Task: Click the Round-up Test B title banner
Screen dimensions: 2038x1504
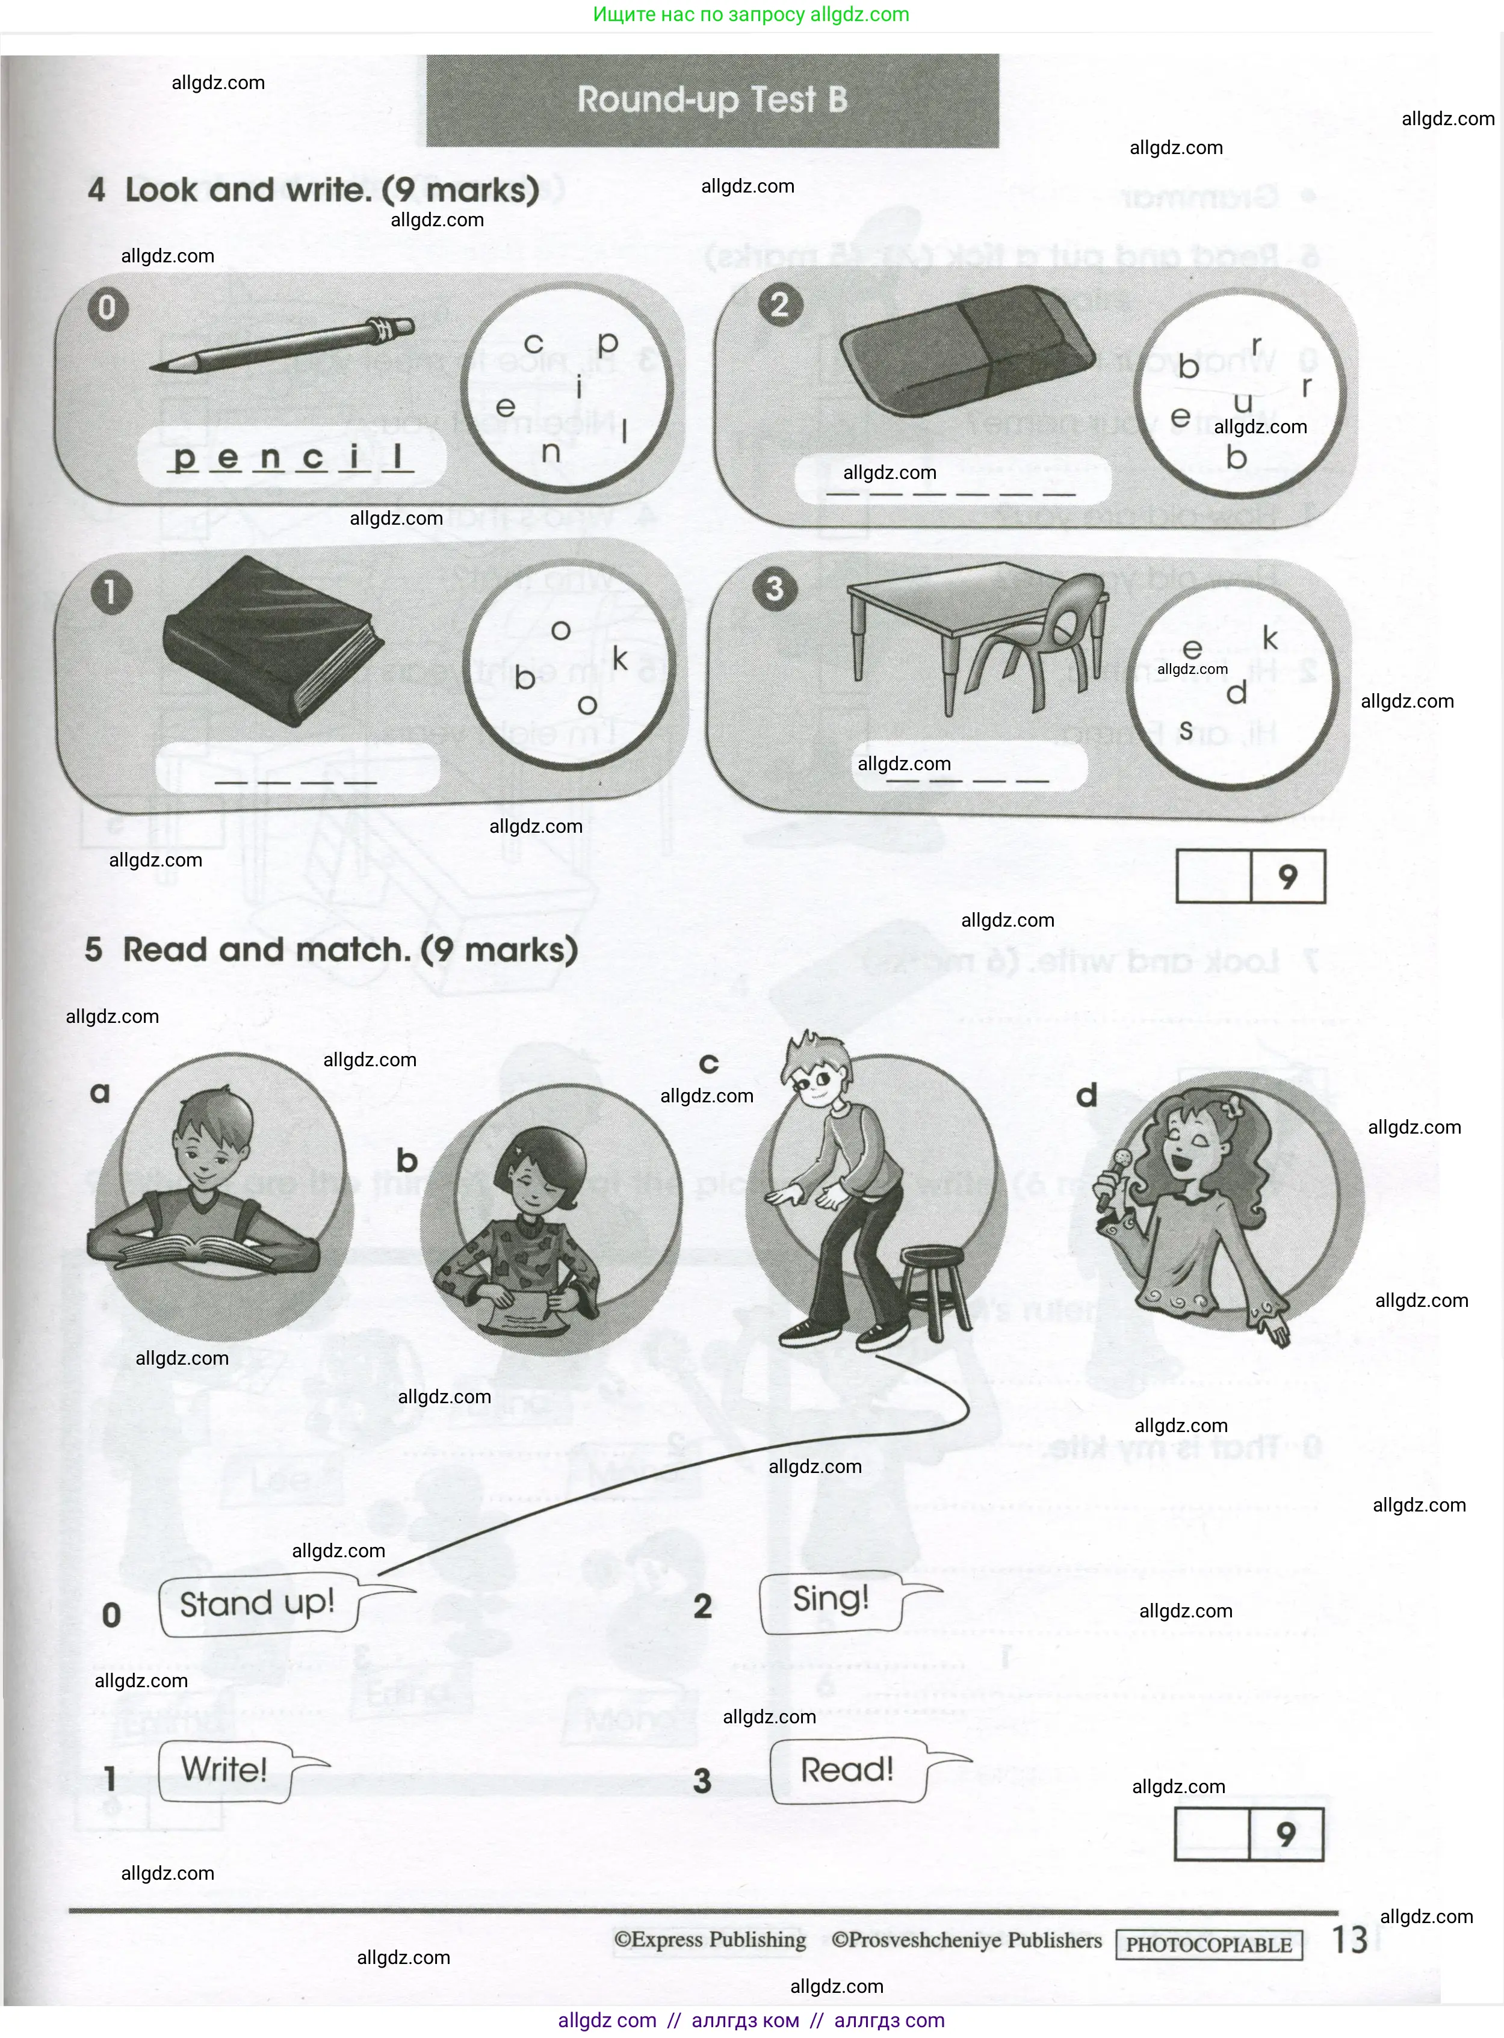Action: click(712, 100)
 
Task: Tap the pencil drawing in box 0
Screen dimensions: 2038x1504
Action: click(282, 345)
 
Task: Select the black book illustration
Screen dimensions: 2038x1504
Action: click(272, 641)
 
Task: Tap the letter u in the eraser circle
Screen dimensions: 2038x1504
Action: click(1243, 403)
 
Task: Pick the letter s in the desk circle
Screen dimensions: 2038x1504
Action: click(1186, 730)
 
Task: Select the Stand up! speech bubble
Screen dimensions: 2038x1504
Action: click(259, 1603)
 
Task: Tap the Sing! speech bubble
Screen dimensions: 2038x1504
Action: click(831, 1599)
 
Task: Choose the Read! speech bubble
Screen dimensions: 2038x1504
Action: click(847, 1770)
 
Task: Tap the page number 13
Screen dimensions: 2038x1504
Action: click(1349, 1940)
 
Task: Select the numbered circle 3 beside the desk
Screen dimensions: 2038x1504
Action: click(774, 589)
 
